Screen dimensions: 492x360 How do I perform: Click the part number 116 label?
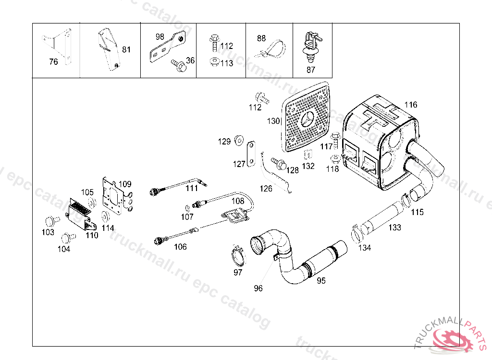pos(411,105)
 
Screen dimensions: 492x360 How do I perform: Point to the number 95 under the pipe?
pos(321,281)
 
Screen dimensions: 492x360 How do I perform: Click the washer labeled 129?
pos(239,140)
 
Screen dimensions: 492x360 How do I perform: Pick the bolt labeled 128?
pos(279,163)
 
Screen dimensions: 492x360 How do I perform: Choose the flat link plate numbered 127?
pos(251,154)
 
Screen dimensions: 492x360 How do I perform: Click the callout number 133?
pos(394,228)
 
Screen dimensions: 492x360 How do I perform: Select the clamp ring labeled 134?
pos(356,233)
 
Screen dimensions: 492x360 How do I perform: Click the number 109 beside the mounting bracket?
pos(125,184)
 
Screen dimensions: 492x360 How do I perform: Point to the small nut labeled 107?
pos(187,208)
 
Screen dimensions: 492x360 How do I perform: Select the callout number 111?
pos(192,188)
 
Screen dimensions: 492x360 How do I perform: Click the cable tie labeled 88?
pos(270,49)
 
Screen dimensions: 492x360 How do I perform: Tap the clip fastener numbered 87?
pos(311,47)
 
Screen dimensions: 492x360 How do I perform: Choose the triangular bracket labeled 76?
pos(57,46)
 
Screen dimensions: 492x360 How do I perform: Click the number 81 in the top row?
pos(126,49)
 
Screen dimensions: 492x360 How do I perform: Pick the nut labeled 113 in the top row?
pos(214,62)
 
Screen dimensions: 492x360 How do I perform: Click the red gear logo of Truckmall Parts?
pos(452,338)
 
